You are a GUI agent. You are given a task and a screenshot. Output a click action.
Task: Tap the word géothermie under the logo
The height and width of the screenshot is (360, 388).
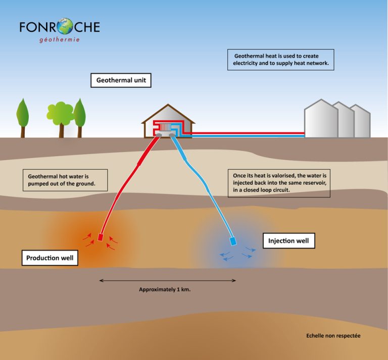coord(59,39)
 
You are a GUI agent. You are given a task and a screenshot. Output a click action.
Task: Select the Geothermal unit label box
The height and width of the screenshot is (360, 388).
coord(121,80)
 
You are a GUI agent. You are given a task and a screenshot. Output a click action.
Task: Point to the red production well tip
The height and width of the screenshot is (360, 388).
coord(100,237)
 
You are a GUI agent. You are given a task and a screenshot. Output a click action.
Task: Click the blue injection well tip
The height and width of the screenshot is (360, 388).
coord(233,241)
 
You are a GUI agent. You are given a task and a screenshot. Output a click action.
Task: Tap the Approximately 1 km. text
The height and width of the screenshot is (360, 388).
coord(164,290)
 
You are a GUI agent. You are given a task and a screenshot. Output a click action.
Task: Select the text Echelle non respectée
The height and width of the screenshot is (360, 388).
coord(333,336)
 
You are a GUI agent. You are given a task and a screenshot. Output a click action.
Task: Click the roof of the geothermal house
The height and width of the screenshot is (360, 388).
coord(168,113)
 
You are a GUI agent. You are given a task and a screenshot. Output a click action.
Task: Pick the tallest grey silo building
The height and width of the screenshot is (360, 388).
coord(321,119)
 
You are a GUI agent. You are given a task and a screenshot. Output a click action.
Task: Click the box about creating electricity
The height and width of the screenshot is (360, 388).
coord(280,60)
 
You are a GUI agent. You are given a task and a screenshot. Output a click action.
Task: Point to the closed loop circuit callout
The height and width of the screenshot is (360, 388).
coord(279,182)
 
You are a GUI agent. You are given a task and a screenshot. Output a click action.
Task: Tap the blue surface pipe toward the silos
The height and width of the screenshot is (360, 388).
coord(248,136)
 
